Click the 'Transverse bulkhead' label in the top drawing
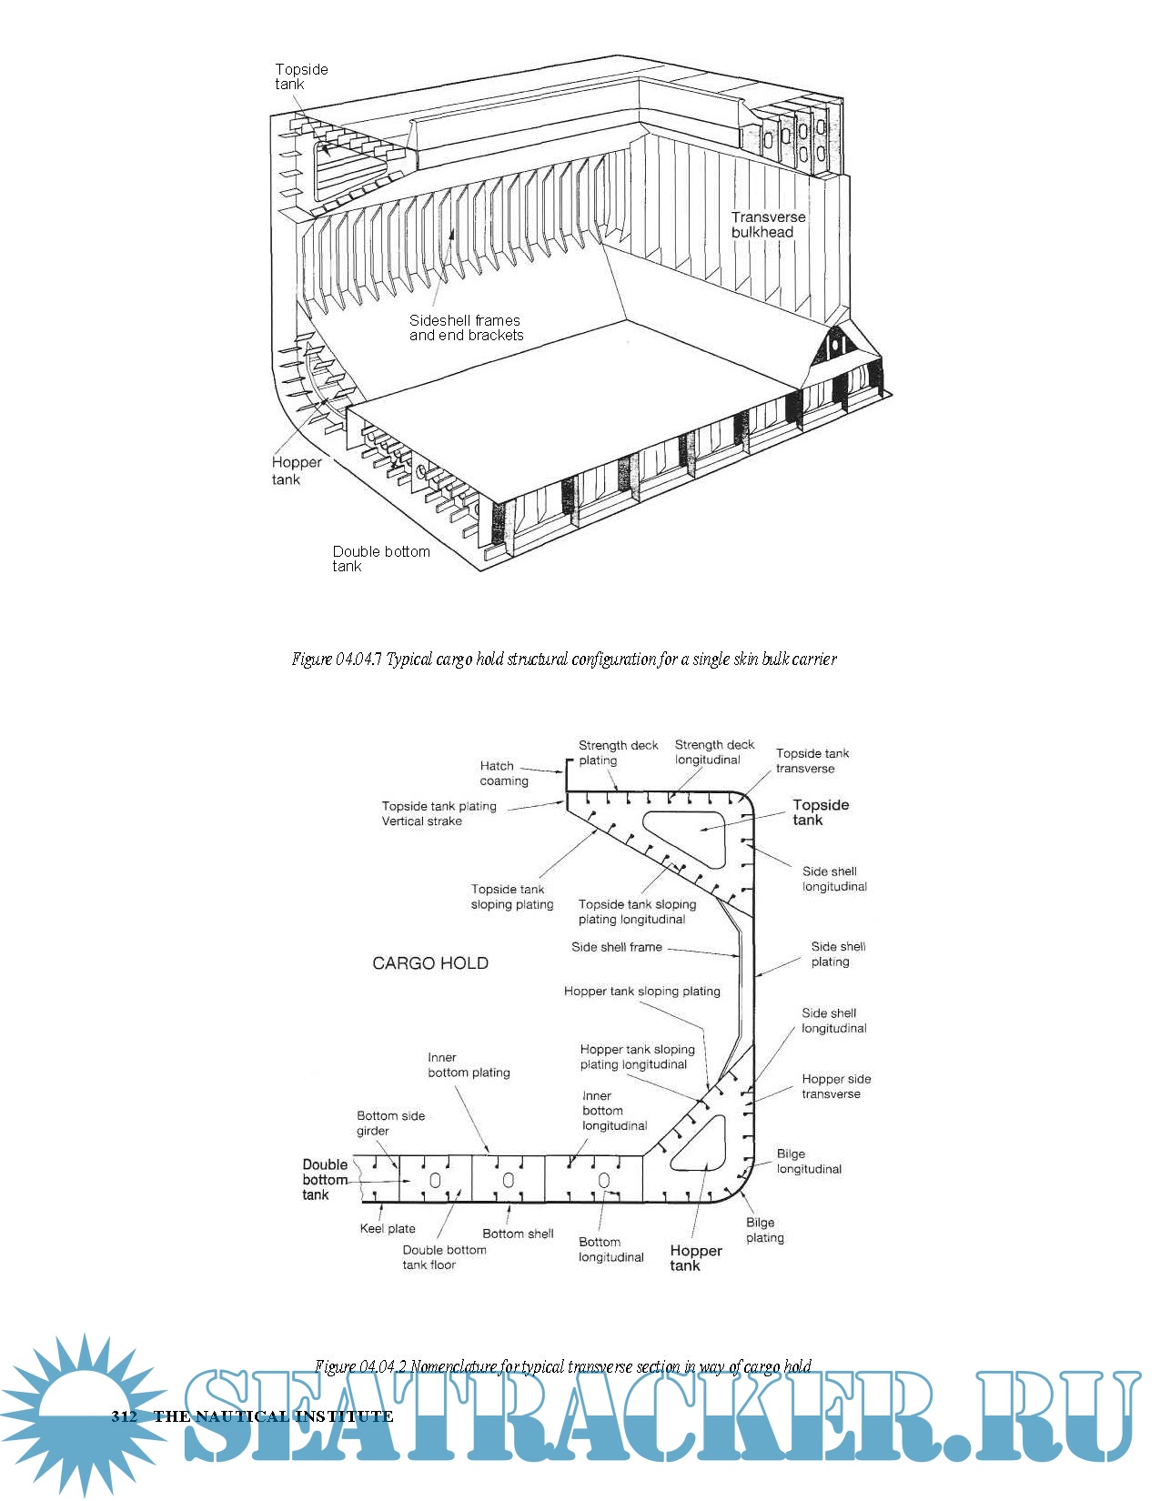coord(768,225)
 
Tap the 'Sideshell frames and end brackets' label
coord(466,327)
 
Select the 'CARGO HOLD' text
coord(430,963)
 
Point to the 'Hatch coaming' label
coord(503,773)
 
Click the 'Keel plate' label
coord(388,1228)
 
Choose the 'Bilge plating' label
coord(764,1230)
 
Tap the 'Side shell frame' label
coord(616,947)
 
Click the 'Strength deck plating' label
coord(618,752)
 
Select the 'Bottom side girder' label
coord(390,1123)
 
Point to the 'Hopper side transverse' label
coord(835,1086)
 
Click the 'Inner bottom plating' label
coord(469,1065)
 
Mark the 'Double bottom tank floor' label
coord(444,1257)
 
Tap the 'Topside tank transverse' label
coord(812,761)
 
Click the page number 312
coord(124,1416)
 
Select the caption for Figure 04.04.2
coord(563,1366)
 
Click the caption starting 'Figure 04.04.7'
coord(564,659)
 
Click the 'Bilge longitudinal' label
coord(808,1162)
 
